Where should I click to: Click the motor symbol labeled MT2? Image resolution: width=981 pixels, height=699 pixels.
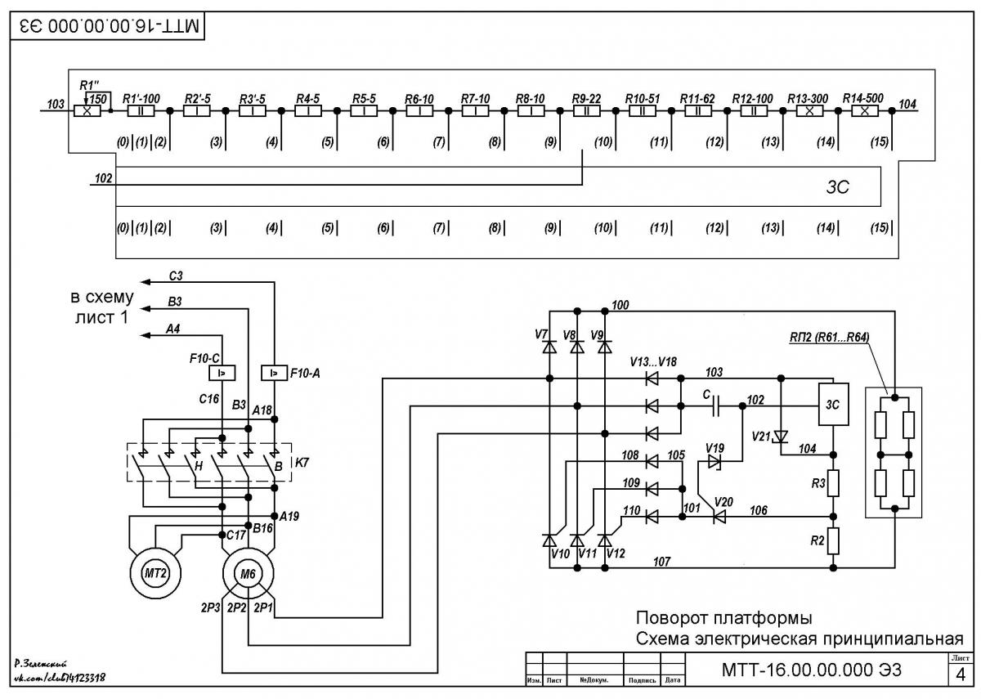pos(155,573)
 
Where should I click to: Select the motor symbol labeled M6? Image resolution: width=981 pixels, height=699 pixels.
pos(248,573)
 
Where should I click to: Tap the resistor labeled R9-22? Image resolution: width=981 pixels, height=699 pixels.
pos(586,111)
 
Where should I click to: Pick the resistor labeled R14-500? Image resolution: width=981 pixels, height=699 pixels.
pos(865,111)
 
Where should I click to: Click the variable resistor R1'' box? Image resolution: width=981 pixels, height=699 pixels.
pos(87,111)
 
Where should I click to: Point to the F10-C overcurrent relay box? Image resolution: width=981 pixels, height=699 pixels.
pos(222,373)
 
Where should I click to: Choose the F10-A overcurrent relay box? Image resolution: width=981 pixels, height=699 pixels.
pos(274,373)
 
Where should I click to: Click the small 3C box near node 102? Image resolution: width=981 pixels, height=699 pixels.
pos(833,404)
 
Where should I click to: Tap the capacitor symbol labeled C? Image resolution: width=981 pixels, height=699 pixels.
pos(716,406)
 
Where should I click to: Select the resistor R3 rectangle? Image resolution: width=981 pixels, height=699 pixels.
pos(833,483)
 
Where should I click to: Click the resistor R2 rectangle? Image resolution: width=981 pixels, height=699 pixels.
pos(833,540)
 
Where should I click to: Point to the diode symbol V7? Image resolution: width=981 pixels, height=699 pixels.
pos(549,347)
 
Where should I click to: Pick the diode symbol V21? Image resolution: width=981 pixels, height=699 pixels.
pos(781,437)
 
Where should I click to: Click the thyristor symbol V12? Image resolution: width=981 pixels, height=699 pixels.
pos(605,540)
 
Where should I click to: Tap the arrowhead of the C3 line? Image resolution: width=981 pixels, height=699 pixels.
pos(145,282)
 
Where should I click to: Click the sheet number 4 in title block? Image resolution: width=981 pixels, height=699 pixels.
pos(961,675)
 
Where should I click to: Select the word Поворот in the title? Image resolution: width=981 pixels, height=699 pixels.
pos(672,618)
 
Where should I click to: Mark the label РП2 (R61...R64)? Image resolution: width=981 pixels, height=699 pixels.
pos(830,337)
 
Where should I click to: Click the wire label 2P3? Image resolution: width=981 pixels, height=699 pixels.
pos(210,607)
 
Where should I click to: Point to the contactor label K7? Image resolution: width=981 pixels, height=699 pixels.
pos(302,463)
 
